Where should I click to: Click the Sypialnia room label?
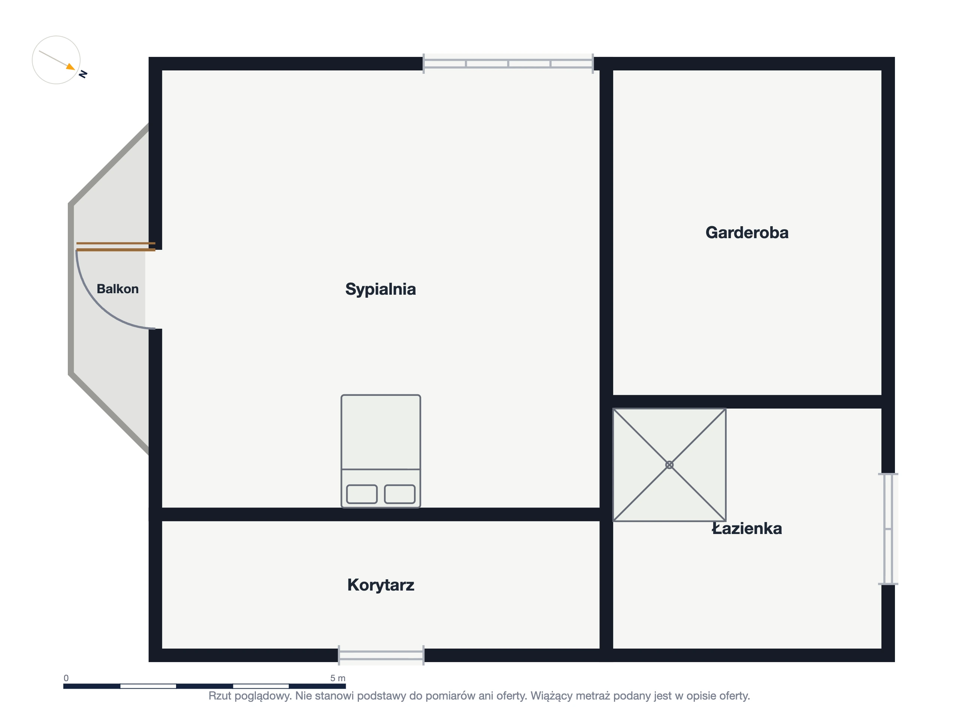point(380,289)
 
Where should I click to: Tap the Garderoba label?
point(747,233)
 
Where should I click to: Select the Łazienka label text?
point(747,528)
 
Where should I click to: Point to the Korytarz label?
point(381,585)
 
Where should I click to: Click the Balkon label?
point(118,289)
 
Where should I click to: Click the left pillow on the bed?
point(361,494)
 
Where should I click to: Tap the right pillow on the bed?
point(400,494)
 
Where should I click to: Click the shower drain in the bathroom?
point(669,465)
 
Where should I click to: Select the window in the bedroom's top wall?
point(508,64)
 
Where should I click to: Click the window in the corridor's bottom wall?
point(381,655)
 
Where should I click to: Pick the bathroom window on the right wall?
point(888,529)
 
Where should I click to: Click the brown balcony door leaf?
point(116,247)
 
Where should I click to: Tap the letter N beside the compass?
point(83,74)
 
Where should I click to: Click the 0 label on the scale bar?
point(66,678)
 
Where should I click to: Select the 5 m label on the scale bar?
point(338,678)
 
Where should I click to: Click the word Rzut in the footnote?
point(220,696)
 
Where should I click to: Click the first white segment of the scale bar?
point(148,686)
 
